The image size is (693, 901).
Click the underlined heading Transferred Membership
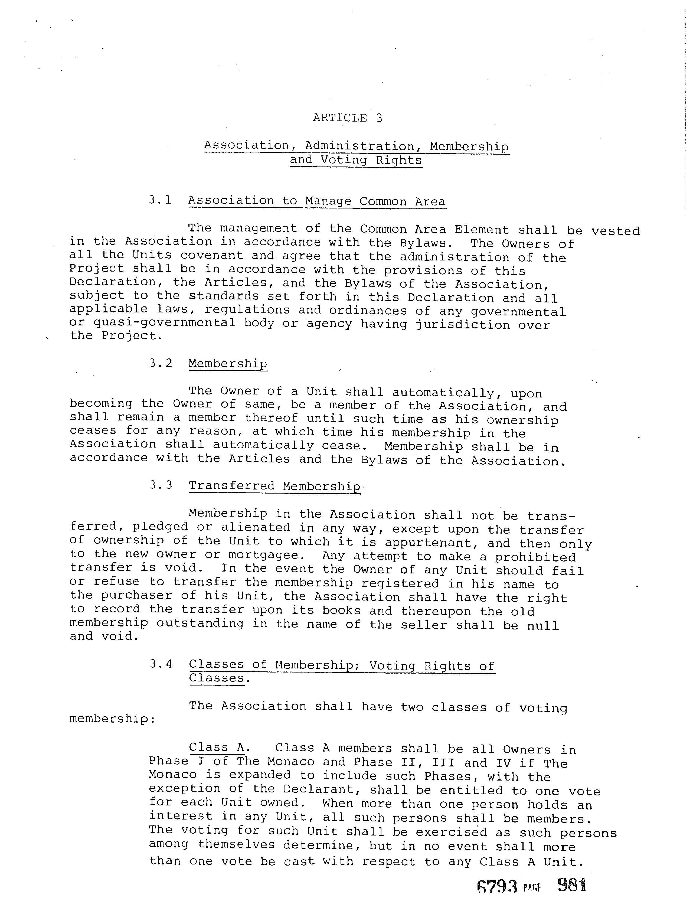pyautogui.click(x=274, y=486)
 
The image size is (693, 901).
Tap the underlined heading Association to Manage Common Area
pyautogui.click(x=317, y=201)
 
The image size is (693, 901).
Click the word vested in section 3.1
pyautogui.click(x=616, y=231)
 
